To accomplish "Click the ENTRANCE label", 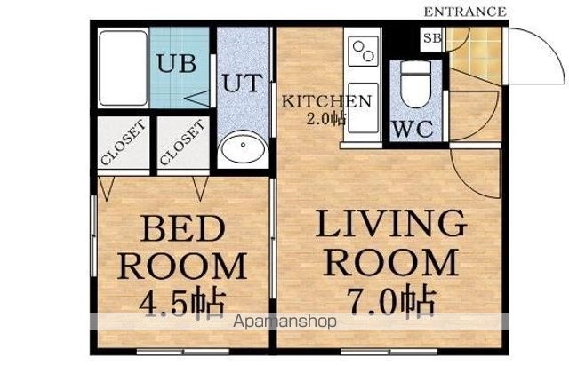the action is click(x=465, y=12).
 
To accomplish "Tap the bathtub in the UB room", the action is click(x=124, y=68).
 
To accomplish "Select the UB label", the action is click(x=177, y=63).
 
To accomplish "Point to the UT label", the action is click(x=242, y=83).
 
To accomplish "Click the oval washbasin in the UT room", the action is click(x=243, y=147).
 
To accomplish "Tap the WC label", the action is click(x=413, y=129).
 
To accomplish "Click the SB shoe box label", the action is click(x=433, y=37).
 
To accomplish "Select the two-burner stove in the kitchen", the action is click(x=364, y=52).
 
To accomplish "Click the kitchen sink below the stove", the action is click(x=364, y=107).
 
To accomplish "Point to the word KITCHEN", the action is click(x=326, y=101).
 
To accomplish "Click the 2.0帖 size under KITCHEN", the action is click(x=326, y=119).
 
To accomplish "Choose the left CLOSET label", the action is click(x=124, y=142).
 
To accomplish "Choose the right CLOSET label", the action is click(x=182, y=142).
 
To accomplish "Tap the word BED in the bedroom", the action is click(x=183, y=228).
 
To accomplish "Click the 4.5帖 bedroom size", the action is click(x=182, y=302).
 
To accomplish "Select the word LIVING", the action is click(x=390, y=223).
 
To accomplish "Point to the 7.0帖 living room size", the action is click(x=391, y=300).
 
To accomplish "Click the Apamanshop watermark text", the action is click(x=284, y=322).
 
